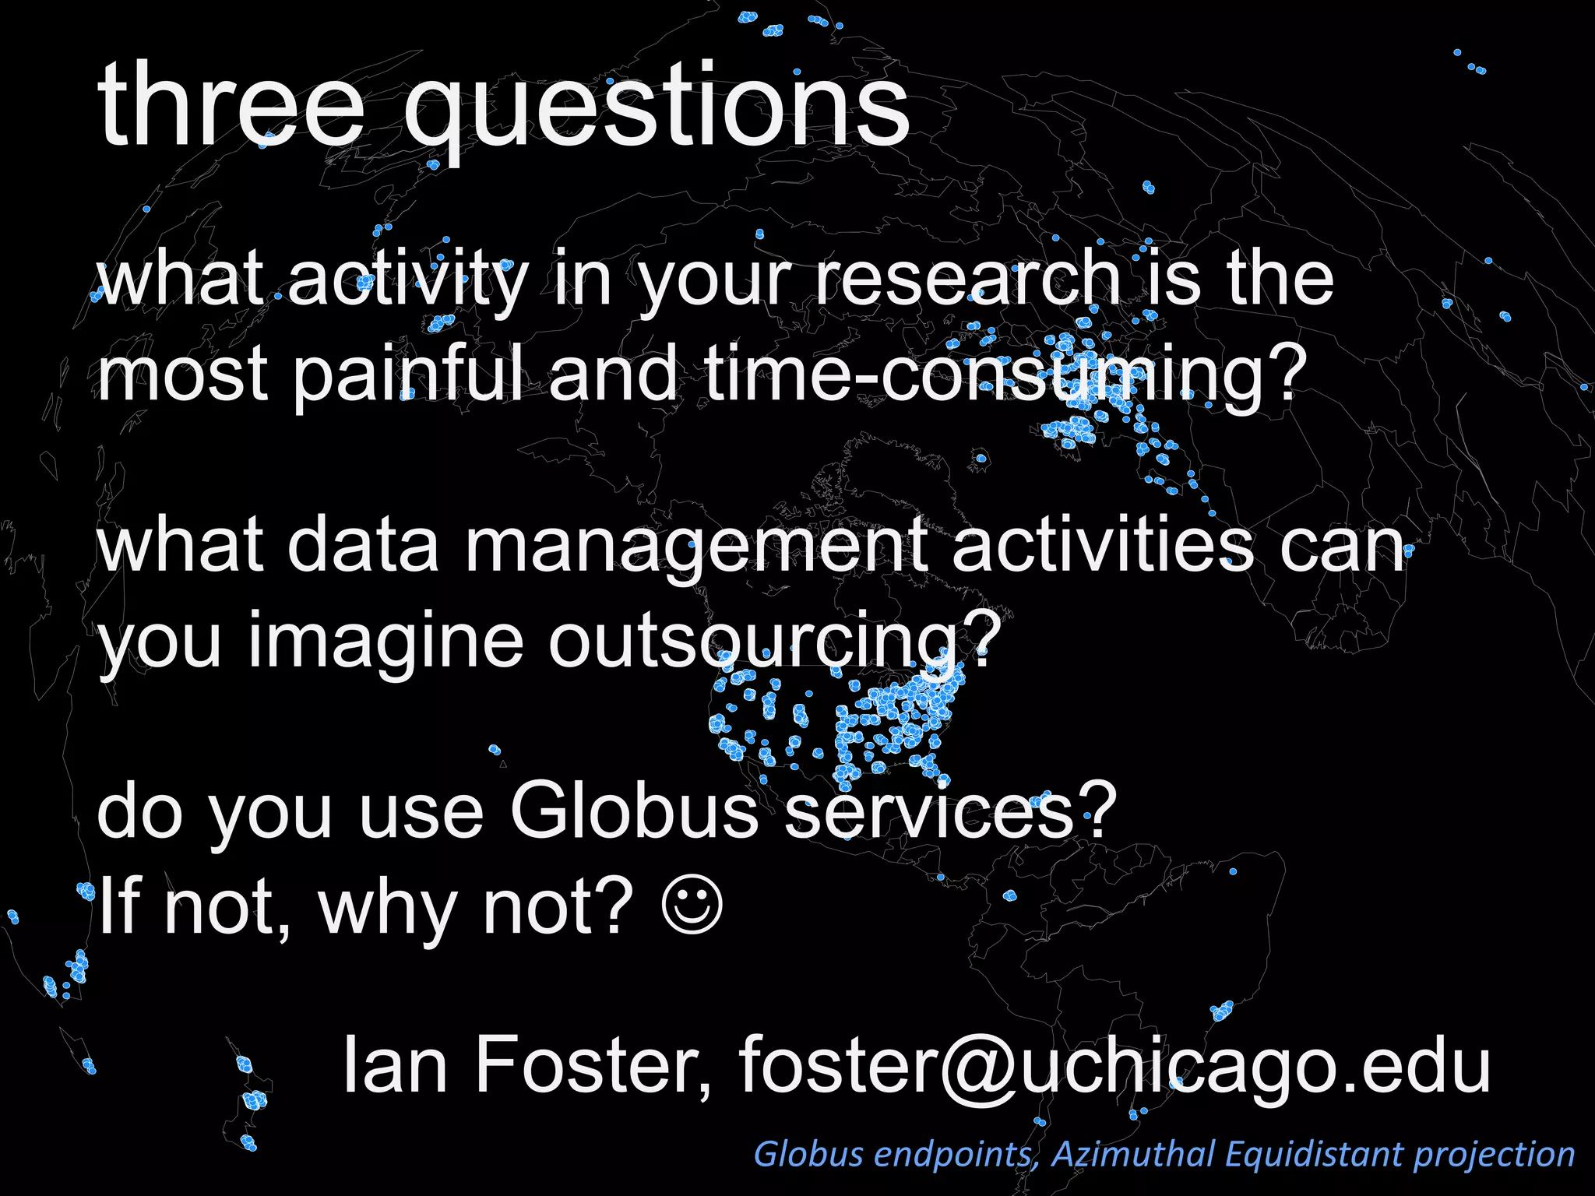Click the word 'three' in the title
pyautogui.click(x=231, y=105)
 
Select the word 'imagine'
pyautogui.click(x=386, y=643)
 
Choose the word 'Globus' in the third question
pyautogui.click(x=634, y=812)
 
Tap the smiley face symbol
pyautogui.click(x=692, y=906)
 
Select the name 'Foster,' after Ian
pyautogui.click(x=593, y=1064)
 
